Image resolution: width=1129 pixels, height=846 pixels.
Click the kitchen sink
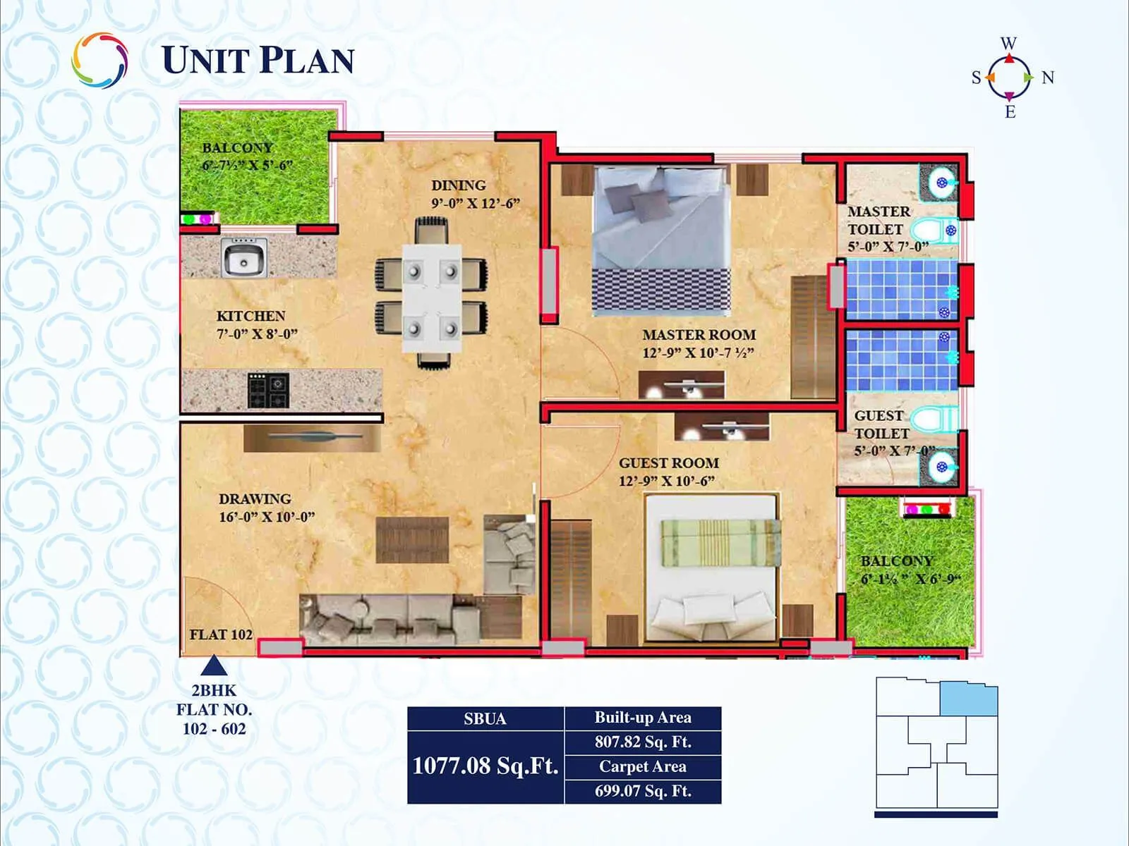[244, 258]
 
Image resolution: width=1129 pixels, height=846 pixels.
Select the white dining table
[432, 298]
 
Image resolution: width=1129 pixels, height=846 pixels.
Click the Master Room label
[699, 335]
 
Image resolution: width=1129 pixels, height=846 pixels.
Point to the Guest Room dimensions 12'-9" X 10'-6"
[667, 482]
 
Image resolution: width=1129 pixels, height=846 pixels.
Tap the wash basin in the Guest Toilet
[941, 465]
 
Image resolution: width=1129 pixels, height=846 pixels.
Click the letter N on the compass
[1048, 78]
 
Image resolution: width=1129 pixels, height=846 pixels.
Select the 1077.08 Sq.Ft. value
[485, 766]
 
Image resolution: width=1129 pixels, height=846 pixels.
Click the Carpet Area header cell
[642, 766]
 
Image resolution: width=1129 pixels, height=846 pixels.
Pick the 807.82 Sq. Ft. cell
[642, 742]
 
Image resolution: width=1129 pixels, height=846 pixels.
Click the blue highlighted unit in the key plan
[968, 699]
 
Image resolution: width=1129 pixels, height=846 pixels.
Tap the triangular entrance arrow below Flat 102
[214, 666]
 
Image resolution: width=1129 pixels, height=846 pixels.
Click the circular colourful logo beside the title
[99, 61]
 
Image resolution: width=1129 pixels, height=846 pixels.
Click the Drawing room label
[255, 498]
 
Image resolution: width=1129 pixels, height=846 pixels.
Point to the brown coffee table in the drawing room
[412, 540]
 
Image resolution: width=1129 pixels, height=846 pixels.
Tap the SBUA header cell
[485, 718]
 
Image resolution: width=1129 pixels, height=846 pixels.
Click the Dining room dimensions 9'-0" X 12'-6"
[476, 203]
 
